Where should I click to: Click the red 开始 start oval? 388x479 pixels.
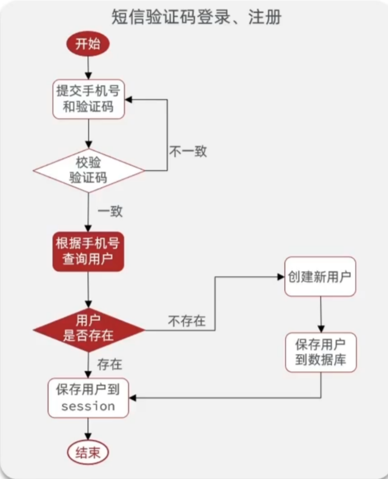click(88, 44)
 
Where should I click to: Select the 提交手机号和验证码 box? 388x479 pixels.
click(88, 99)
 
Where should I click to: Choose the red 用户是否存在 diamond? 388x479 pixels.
click(88, 329)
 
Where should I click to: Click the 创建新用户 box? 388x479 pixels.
click(320, 276)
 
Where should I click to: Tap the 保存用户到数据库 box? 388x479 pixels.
click(320, 353)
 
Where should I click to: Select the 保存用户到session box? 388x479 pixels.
click(88, 398)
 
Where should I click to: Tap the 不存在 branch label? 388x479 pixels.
click(187, 321)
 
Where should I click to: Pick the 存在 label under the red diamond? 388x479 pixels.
click(110, 364)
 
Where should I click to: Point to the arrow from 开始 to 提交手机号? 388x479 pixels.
click(88, 68)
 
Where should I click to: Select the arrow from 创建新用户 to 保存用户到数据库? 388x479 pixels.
click(320, 314)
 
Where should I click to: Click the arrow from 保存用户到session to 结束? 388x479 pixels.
click(88, 429)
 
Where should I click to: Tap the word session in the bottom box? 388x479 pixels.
click(88, 406)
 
